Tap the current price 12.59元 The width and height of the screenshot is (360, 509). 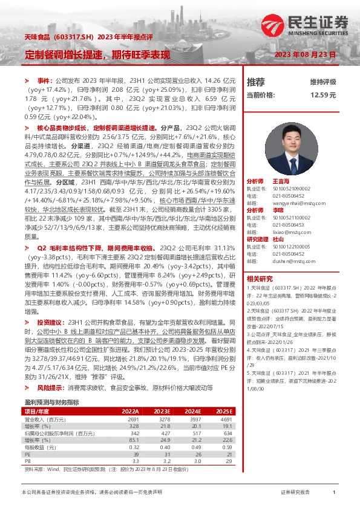pos(322,95)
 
